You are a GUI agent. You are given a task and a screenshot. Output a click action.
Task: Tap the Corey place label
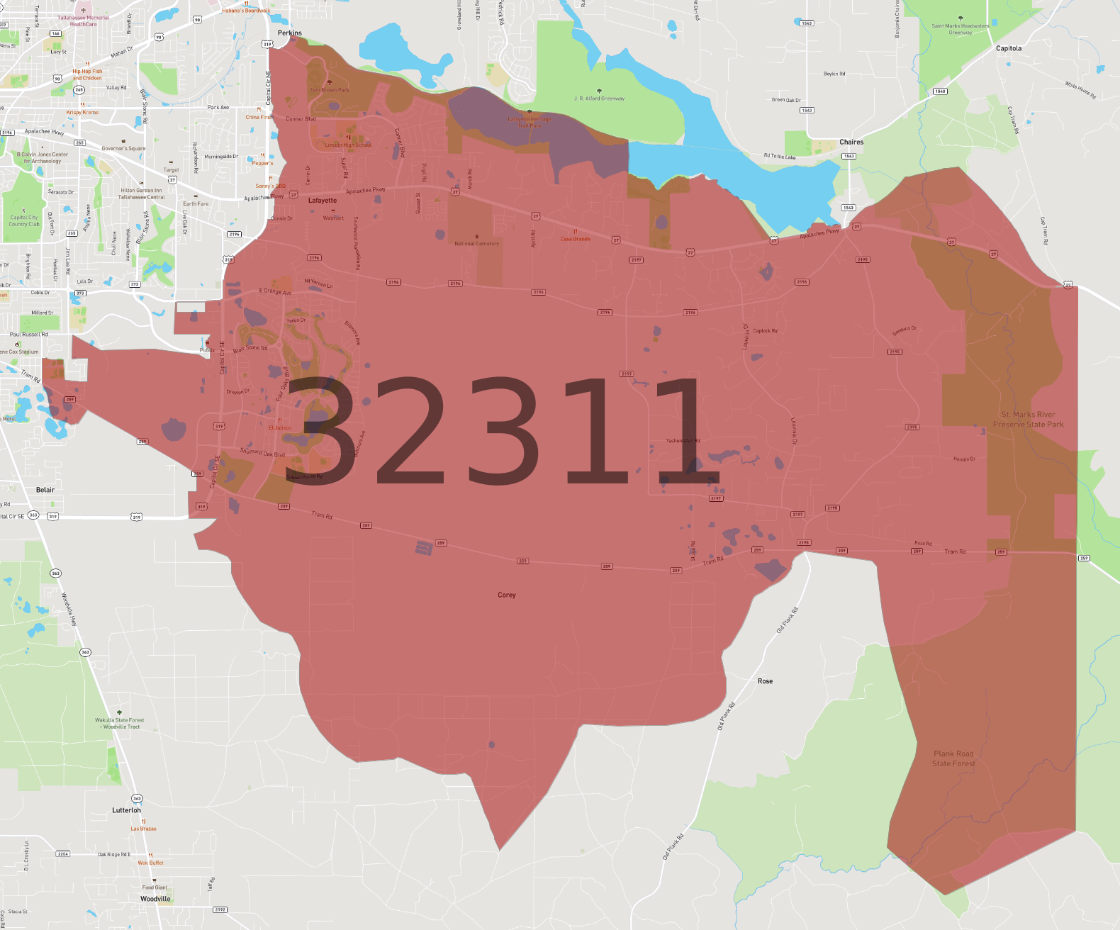507,595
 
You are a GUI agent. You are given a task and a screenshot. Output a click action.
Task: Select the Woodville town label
155,899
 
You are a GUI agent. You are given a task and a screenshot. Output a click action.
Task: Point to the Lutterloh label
126,810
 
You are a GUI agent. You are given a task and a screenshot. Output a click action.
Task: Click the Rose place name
766,681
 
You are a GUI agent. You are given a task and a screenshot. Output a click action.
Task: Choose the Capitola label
1009,49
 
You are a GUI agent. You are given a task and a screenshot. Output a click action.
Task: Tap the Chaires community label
851,142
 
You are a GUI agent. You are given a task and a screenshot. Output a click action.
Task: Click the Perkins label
290,33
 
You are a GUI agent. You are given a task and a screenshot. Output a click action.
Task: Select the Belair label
45,490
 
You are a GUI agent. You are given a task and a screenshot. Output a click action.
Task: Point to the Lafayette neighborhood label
323,201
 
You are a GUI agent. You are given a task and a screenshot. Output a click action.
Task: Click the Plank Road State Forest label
953,758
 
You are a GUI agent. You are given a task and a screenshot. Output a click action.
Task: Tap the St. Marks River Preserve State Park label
1028,420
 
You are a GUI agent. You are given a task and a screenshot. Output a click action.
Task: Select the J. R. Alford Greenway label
600,99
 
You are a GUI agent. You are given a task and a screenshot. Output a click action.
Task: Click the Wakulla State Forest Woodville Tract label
120,723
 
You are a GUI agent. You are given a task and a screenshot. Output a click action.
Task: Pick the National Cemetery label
476,243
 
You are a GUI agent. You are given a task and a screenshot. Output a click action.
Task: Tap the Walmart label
333,218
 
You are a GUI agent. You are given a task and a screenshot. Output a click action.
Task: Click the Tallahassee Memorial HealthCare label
84,21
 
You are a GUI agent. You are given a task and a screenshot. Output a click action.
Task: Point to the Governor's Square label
123,148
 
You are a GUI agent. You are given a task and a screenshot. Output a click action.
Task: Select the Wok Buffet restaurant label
150,863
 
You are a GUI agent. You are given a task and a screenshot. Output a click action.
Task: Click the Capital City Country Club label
24,220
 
